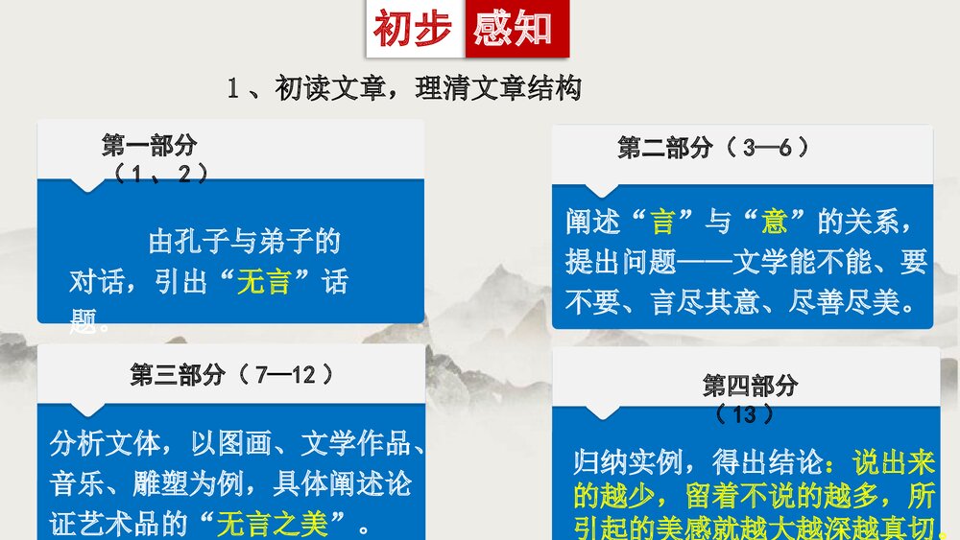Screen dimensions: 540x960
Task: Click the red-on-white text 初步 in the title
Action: [x=413, y=29]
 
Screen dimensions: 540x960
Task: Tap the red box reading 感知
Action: [x=515, y=29]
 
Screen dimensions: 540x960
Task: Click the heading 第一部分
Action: [x=149, y=145]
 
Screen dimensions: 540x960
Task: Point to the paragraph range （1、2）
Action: [x=159, y=173]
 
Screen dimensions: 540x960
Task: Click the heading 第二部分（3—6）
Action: [x=714, y=148]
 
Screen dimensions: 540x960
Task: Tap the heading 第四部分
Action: [x=750, y=386]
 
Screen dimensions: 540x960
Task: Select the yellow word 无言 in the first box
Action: [x=263, y=282]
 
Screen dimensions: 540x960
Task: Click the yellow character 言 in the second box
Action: [x=662, y=223]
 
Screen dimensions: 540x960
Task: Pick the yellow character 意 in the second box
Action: [x=775, y=223]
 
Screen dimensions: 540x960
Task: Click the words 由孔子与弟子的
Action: [x=245, y=241]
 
